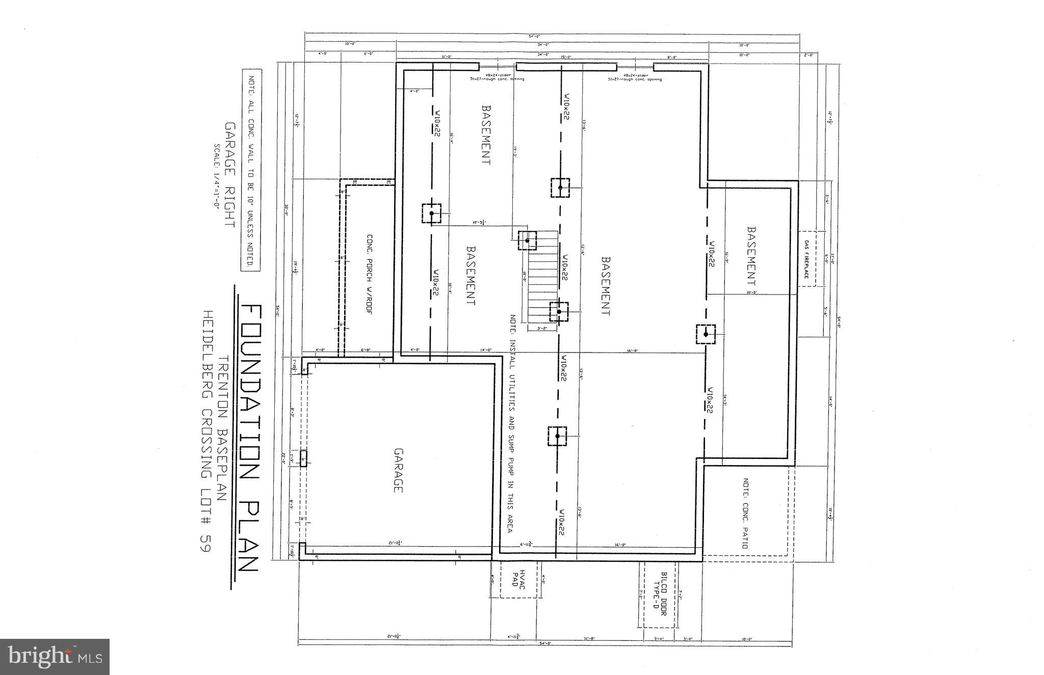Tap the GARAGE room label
tap(399, 470)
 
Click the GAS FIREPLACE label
tap(806, 259)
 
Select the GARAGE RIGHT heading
tap(230, 175)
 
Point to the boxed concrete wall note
tap(250, 170)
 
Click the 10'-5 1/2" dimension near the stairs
tap(480, 222)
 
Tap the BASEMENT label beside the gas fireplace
tap(751, 256)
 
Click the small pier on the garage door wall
tap(303, 459)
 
